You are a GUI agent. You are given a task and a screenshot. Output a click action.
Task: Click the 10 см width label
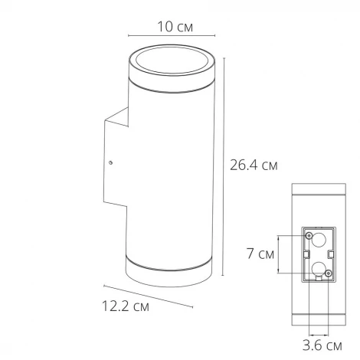pyautogui.click(x=174, y=27)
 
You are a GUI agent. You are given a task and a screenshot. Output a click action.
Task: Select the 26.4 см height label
pyautogui.click(x=253, y=163)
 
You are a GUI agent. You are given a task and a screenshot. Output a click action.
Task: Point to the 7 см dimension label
pyautogui.click(x=265, y=254)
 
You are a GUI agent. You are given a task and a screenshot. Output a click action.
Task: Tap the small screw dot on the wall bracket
pyautogui.click(x=112, y=162)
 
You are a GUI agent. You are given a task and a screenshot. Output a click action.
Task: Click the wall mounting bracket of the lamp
pyautogui.click(x=115, y=161)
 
